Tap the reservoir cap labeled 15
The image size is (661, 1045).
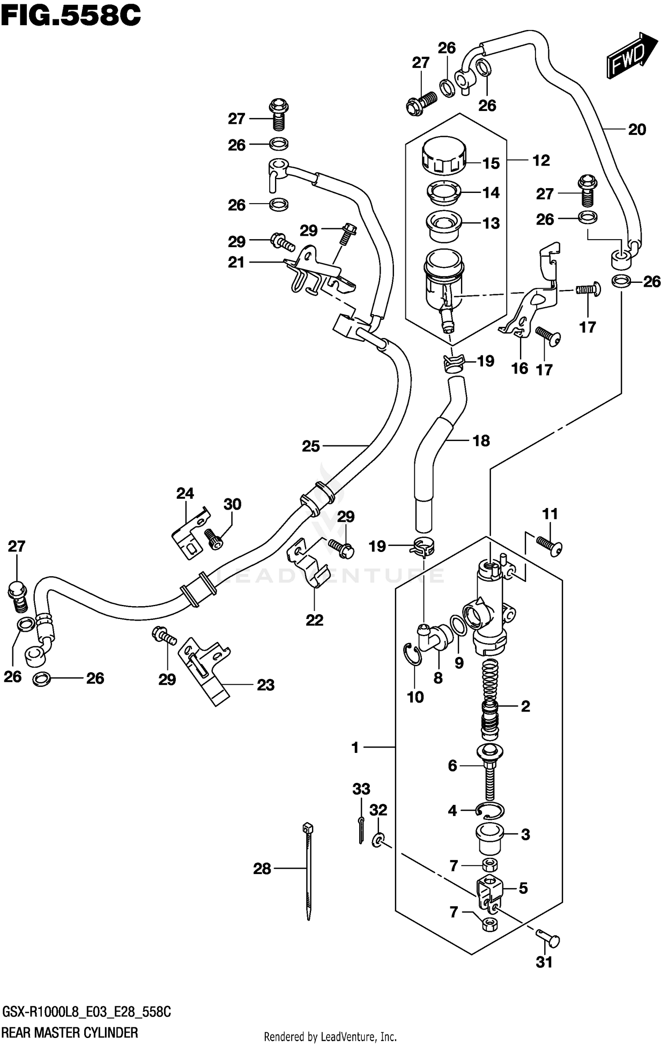pos(444,156)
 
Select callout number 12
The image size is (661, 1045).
pos(541,160)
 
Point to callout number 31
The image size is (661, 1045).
pos(544,962)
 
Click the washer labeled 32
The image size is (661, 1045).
pos(378,840)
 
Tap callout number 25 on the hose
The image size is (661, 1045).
pos(311,446)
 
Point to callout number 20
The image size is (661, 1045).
pos(637,129)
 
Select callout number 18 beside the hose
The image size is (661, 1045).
pos(481,440)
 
